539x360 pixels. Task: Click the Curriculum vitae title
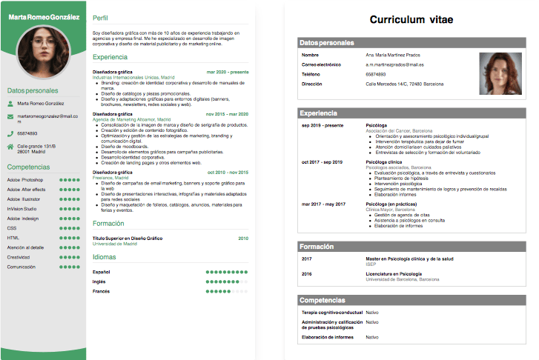point(411,19)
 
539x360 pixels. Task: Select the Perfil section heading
point(100,17)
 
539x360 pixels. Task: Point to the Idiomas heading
point(105,256)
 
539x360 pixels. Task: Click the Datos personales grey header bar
point(411,43)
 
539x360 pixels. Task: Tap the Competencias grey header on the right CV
point(411,300)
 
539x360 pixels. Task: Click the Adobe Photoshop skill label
point(25,180)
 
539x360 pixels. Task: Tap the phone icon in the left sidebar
point(10,133)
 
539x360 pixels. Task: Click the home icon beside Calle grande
point(10,147)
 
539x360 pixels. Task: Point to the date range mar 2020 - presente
point(228,72)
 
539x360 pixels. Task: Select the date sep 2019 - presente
point(323,125)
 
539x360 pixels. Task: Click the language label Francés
point(101,291)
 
